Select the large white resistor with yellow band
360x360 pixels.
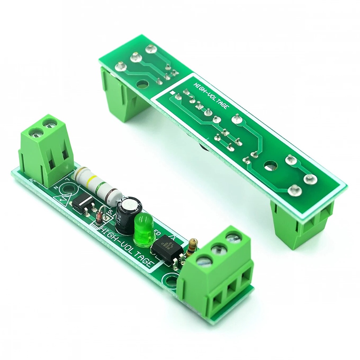(99, 186)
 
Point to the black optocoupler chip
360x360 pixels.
(167, 250)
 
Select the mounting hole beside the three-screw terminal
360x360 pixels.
(172, 281)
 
